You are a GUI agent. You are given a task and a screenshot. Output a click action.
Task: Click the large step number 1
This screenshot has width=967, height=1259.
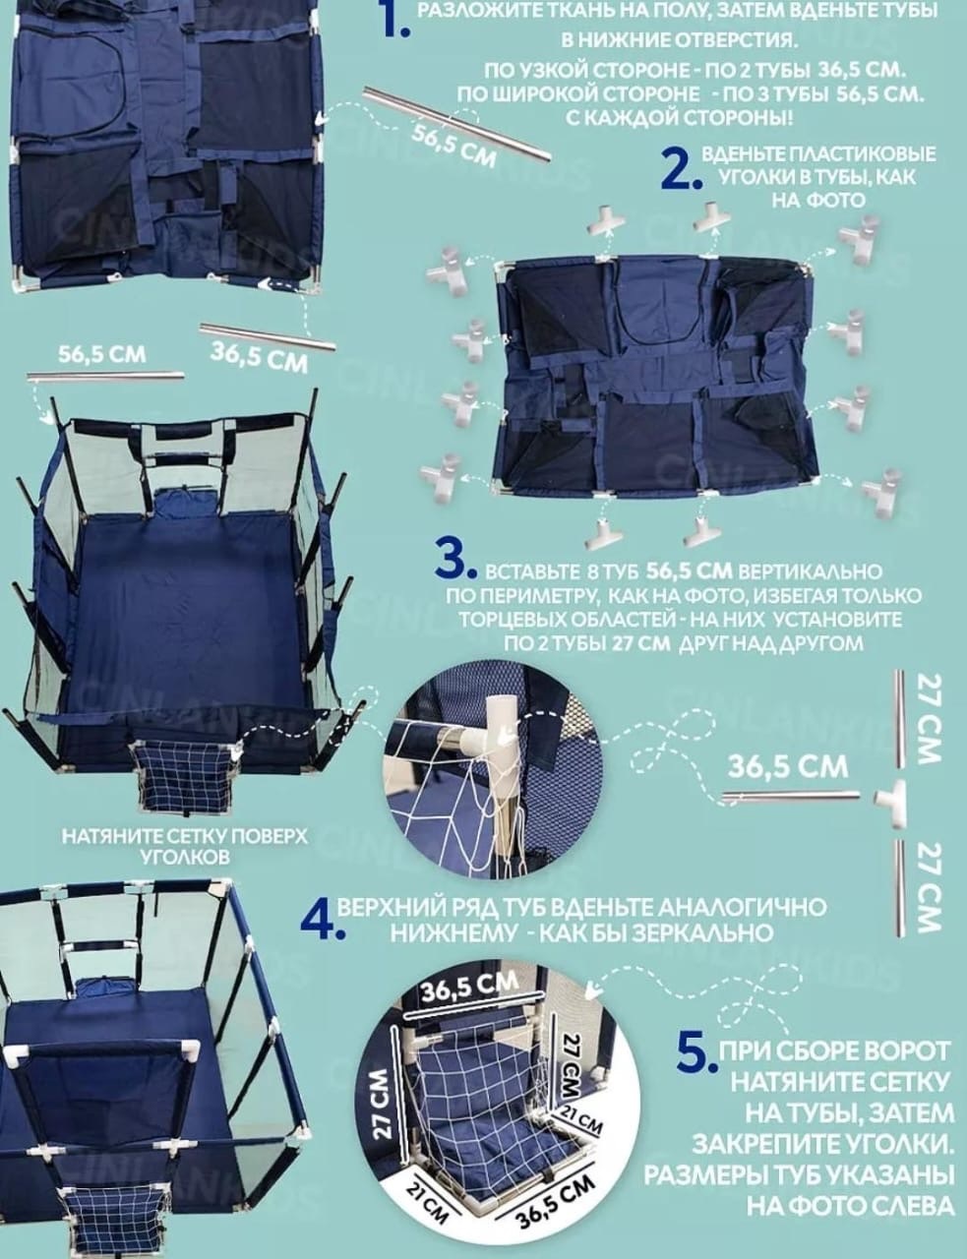coord(395,22)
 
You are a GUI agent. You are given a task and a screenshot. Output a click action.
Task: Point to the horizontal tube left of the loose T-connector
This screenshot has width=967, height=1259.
coord(792,798)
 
